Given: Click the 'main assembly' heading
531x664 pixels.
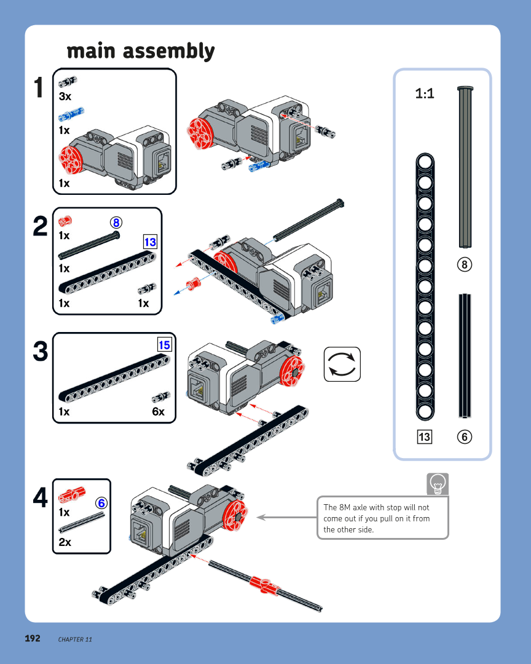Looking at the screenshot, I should [141, 51].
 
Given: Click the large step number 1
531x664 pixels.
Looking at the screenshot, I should [39, 88].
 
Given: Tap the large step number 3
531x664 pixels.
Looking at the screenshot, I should [40, 352].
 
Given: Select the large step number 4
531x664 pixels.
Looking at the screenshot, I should [40, 498].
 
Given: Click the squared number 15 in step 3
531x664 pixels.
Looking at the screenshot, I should [164, 345].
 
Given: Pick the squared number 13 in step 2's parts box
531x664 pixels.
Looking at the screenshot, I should [150, 242].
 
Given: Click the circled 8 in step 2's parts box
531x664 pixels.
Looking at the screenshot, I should [116, 222].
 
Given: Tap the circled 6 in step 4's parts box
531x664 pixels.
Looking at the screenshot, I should [101, 504].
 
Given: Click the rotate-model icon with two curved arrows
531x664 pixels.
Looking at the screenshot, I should [342, 364].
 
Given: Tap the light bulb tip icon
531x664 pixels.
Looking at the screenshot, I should [438, 484].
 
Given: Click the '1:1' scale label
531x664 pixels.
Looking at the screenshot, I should [425, 93].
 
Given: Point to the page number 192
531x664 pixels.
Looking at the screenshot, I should [33, 639].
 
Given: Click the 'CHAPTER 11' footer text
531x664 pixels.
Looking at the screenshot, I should [75, 639].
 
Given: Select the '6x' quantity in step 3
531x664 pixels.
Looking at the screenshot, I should [158, 412].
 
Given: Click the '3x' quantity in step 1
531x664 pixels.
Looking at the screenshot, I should [65, 97].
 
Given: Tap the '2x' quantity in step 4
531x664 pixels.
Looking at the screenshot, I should [65, 542].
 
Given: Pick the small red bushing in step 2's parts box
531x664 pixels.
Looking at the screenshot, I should [65, 221].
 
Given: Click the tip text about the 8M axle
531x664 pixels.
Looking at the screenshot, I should [376, 518].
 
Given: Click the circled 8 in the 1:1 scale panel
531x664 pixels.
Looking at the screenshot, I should [465, 265].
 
